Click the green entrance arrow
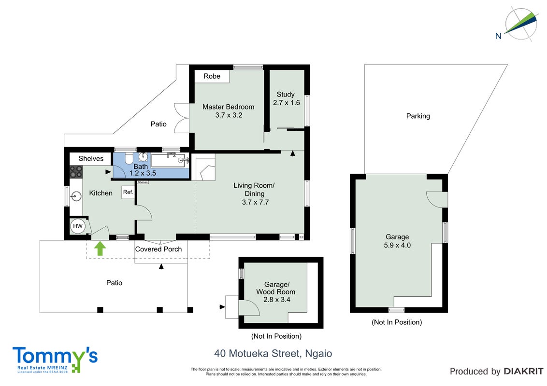tap(100, 249)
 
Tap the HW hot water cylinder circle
tap(77, 226)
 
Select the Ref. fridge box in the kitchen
tap(128, 193)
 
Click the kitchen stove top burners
tap(76, 172)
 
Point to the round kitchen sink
tap(76, 196)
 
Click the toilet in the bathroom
tap(129, 158)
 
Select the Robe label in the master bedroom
tap(212, 76)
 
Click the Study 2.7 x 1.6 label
tap(286, 98)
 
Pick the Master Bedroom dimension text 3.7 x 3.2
tap(229, 115)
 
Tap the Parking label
tap(418, 116)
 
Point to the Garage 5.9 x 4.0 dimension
tap(397, 245)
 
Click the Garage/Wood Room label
tap(275, 288)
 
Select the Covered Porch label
tap(158, 249)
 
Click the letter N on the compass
tap(498, 36)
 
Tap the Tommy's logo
tap(55, 360)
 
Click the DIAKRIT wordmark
tap(523, 372)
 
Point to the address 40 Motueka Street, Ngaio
tap(273, 354)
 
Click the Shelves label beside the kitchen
tap(91, 159)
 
